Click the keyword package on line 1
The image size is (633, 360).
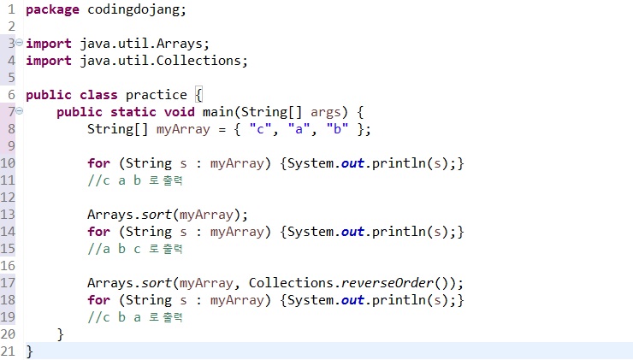pos(52,10)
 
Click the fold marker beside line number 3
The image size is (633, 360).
pos(20,43)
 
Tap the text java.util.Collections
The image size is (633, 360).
pos(160,61)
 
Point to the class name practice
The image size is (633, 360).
pos(157,95)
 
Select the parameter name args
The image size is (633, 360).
pos(325,113)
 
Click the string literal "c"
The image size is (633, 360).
pos(260,129)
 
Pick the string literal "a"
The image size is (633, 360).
pos(299,129)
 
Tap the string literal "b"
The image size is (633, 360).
pos(337,129)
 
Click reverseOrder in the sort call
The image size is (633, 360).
pos(387,283)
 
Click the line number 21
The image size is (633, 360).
pos(8,351)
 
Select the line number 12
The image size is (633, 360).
pos(8,198)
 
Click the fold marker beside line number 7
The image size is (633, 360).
pos(20,111)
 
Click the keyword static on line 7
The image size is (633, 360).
pos(133,112)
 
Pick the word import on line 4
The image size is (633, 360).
pos(49,61)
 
